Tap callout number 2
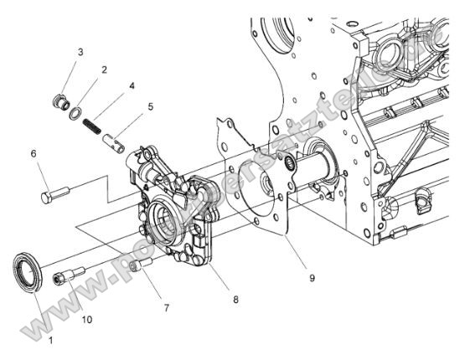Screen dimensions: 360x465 [x=104, y=70]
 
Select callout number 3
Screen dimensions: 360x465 [x=80, y=53]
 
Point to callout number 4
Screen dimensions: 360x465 [x=132, y=85]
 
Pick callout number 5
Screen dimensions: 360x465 [x=150, y=106]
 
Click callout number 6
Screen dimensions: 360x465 [x=34, y=153]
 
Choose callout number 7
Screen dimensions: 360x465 [x=166, y=307]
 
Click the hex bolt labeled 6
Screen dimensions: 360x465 [x=53, y=198]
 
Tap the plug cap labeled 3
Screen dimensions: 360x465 [x=59, y=103]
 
